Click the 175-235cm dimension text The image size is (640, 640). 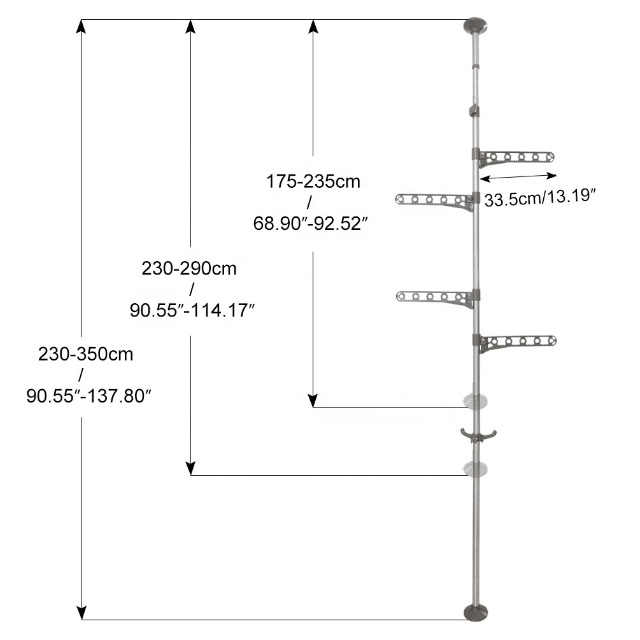point(313,181)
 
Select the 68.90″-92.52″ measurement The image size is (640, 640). point(311,224)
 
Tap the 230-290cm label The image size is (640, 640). point(189,269)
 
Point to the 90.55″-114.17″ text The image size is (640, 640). point(192,311)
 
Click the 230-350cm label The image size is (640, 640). point(86,354)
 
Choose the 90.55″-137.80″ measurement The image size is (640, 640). point(89,396)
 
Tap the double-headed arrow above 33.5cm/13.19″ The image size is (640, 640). point(518,176)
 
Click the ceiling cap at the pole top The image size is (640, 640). point(476,25)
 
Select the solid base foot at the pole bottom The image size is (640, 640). point(476,612)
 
